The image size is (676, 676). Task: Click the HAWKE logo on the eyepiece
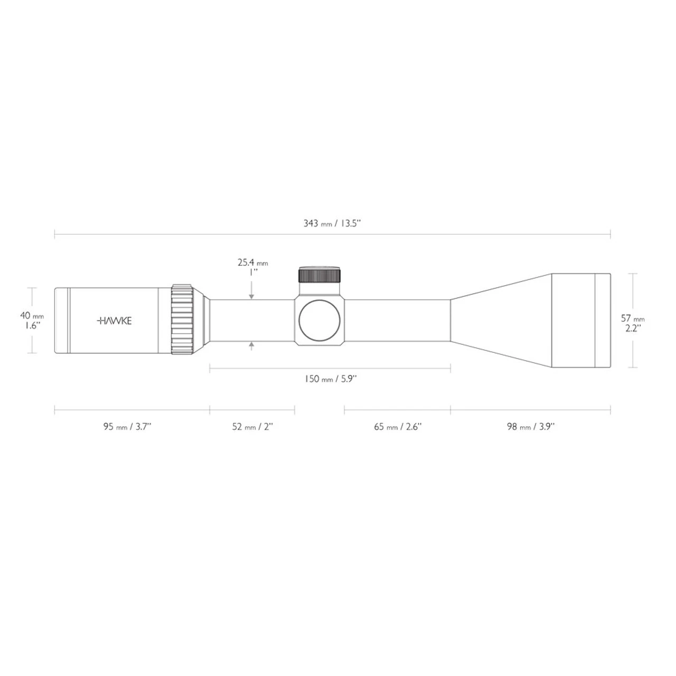(115, 321)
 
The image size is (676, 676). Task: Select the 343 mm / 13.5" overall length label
(332, 223)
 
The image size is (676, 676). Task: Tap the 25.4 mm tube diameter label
(252, 267)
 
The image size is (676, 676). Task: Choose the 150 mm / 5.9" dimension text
(331, 379)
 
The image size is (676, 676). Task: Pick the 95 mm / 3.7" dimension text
(127, 427)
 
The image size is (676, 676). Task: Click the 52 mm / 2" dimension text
(252, 427)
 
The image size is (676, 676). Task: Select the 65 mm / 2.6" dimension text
(398, 427)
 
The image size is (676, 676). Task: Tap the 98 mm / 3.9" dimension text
(530, 427)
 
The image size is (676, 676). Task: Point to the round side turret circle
(320, 321)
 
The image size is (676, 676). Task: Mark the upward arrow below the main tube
(252, 346)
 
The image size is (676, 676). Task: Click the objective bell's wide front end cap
(603, 320)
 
